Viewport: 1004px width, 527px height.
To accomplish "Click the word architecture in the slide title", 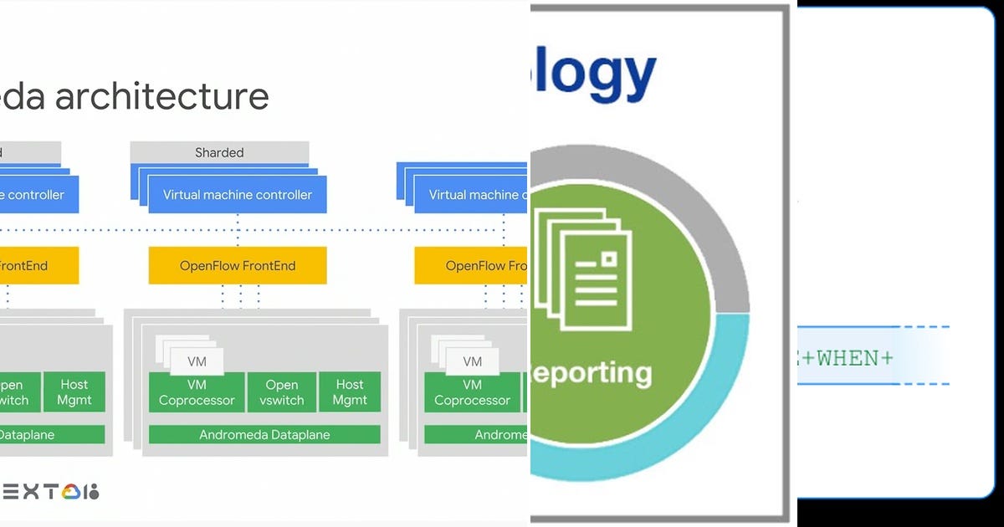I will click(162, 96).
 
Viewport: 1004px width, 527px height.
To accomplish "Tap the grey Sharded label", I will click(219, 152).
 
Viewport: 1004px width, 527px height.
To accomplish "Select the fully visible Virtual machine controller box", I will click(238, 195).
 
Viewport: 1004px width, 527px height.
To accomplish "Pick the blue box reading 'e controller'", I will click(38, 195).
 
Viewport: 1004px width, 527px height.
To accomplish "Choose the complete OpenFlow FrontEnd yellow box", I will click(238, 266).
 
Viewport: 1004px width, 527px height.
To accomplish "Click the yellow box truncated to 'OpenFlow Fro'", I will click(471, 266).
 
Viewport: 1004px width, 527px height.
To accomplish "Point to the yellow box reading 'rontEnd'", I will click(38, 266).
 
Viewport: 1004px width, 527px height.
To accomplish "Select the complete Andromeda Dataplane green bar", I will click(264, 435).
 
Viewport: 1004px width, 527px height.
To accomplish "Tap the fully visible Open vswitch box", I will click(282, 392).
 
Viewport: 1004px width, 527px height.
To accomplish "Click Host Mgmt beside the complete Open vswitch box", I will click(350, 392).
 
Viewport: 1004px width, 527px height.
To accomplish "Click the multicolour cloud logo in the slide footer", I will click(71, 492).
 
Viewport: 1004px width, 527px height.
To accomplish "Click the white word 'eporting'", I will click(592, 372).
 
